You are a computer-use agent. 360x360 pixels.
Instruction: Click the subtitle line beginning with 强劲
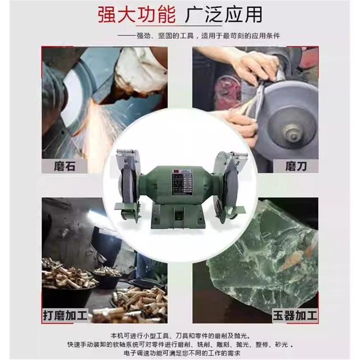tap(205, 36)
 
